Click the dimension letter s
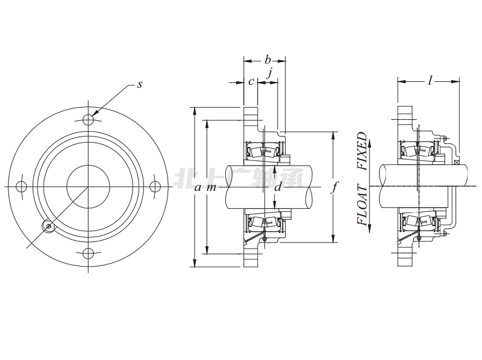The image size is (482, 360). click(139, 85)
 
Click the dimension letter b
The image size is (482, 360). click(267, 60)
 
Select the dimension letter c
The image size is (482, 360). click(250, 82)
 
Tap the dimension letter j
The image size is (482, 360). click(271, 73)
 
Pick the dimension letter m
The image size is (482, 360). click(211, 187)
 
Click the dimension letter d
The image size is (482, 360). click(278, 187)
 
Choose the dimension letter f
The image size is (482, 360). click(336, 187)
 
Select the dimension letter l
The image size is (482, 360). click(430, 81)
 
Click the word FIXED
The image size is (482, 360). click(362, 152)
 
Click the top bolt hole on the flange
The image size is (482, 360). click(88, 118)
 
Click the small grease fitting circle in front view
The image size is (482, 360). click(48, 226)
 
